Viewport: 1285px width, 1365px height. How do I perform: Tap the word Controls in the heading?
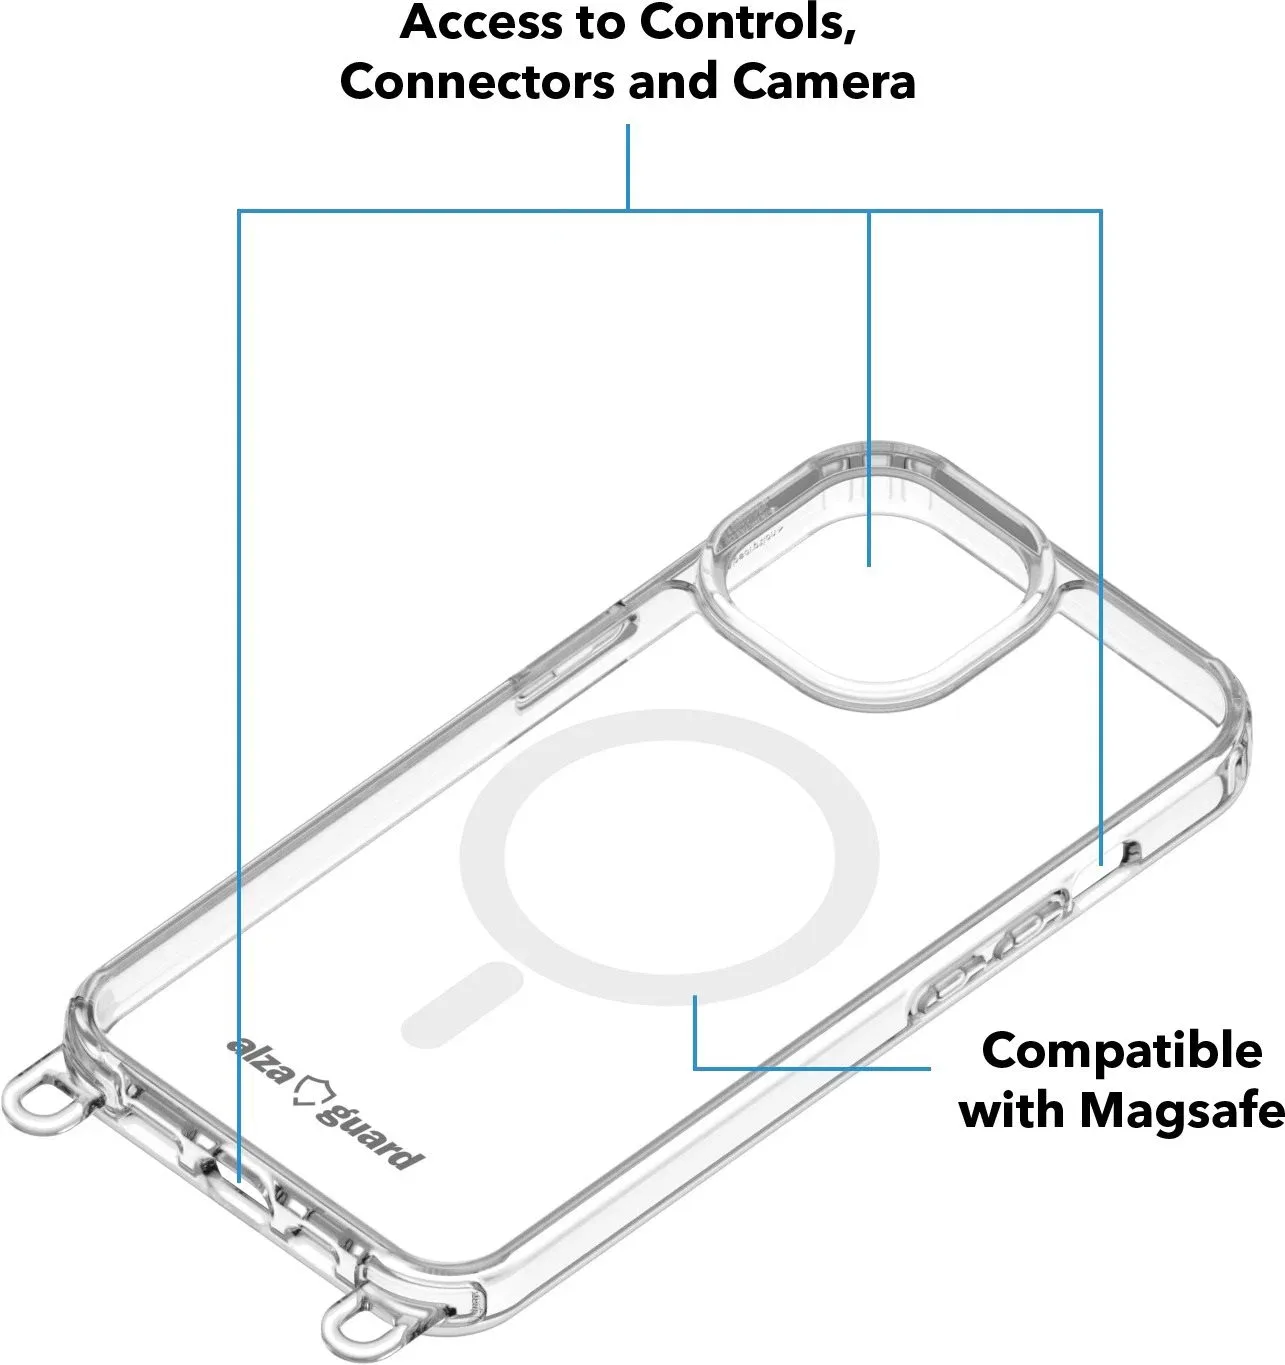click(x=748, y=24)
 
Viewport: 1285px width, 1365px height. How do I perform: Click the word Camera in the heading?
click(x=824, y=82)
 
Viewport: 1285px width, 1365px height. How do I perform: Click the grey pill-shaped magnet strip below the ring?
click(x=462, y=1005)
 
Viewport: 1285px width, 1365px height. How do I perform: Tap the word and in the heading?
click(x=673, y=82)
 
